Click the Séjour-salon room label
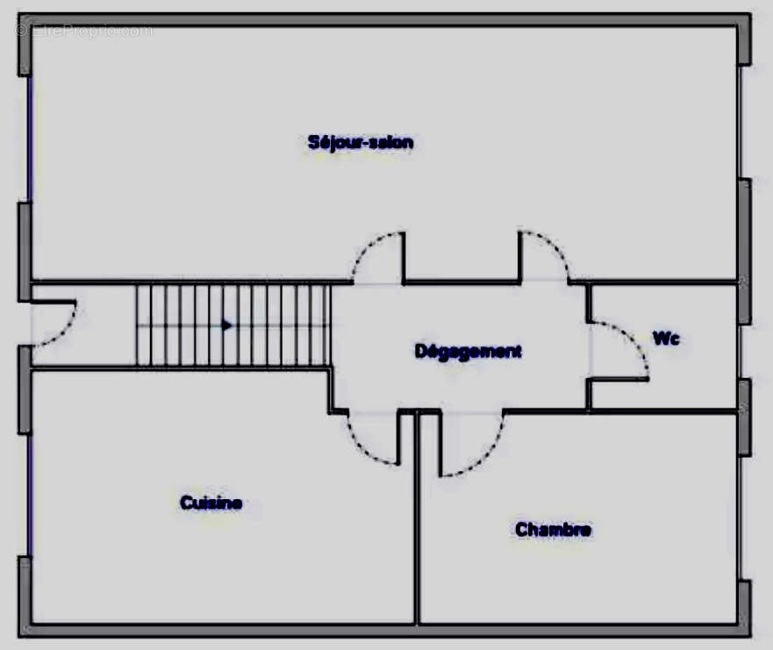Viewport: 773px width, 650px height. [361, 143]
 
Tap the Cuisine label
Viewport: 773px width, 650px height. [211, 503]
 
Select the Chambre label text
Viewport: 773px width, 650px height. [553, 530]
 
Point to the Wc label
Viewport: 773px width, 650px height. [666, 339]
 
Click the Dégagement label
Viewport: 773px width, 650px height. [468, 352]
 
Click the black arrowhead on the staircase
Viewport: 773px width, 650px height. [226, 325]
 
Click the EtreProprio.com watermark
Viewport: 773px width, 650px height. [84, 31]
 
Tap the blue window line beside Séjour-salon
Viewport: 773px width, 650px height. [29, 139]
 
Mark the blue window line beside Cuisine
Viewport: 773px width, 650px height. [30, 496]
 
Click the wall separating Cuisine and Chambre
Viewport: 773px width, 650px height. [418, 518]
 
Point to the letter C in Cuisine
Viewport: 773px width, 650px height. [186, 503]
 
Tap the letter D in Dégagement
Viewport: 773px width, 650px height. [420, 351]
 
